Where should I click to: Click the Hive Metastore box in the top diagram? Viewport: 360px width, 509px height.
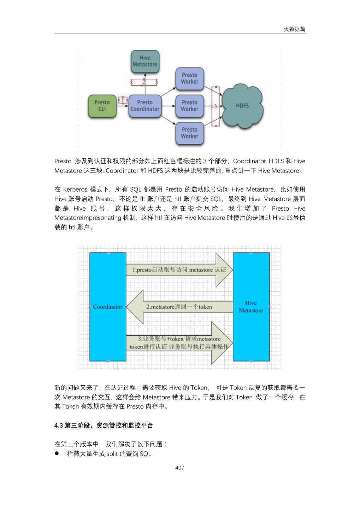tap(145, 61)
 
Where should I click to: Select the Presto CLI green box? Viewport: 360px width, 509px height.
tap(102, 106)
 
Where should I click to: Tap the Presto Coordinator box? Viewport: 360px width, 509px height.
tap(145, 106)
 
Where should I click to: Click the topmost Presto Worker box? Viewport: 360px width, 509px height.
tap(190, 78)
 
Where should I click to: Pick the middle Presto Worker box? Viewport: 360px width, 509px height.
tap(190, 106)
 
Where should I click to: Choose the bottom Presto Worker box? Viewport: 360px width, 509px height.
tap(190, 133)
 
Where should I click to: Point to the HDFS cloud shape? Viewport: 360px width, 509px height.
tap(242, 105)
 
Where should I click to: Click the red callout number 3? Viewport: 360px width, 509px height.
tap(216, 106)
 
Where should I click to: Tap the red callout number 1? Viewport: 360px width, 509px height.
tap(123, 100)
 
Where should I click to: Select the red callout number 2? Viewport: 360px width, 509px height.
tap(144, 82)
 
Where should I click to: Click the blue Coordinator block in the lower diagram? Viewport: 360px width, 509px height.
tap(108, 306)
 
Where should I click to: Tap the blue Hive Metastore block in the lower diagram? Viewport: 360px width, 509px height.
tap(251, 306)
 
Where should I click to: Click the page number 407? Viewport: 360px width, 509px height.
tap(180, 468)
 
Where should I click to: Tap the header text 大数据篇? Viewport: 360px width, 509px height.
tap(295, 29)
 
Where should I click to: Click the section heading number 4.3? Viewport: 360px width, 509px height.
tap(59, 426)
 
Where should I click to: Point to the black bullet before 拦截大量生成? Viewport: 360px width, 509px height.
tap(57, 454)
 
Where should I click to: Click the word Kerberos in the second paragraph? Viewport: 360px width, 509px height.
tap(75, 189)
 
